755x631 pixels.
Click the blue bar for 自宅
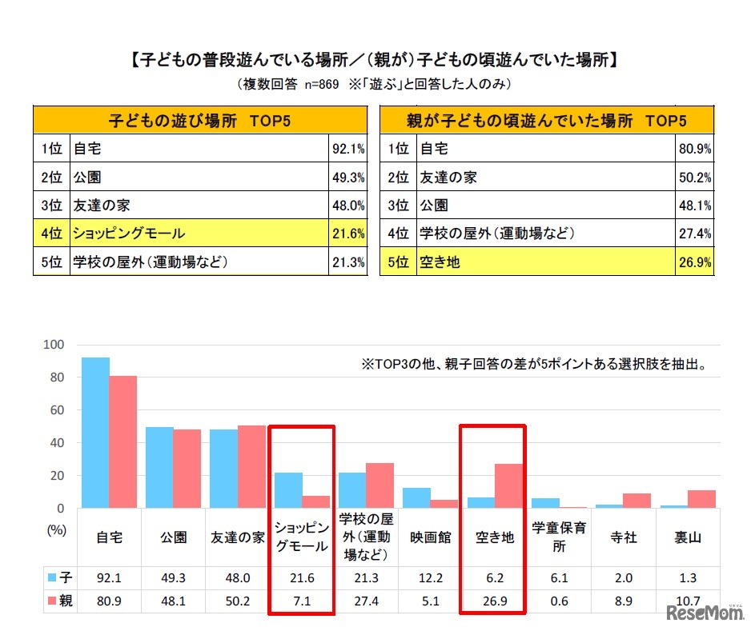(x=96, y=432)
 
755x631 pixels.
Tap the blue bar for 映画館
(x=416, y=497)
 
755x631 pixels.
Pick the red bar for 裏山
(x=701, y=499)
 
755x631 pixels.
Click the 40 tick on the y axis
(x=56, y=443)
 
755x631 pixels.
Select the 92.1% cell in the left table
(x=347, y=148)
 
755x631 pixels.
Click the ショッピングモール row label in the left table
(x=129, y=234)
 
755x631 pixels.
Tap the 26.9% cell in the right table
(x=694, y=262)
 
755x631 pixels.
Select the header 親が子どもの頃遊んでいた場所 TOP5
(x=546, y=121)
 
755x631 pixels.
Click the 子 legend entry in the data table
(x=60, y=577)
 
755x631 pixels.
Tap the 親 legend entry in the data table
(x=60, y=601)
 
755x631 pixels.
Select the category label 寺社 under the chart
(x=623, y=537)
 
